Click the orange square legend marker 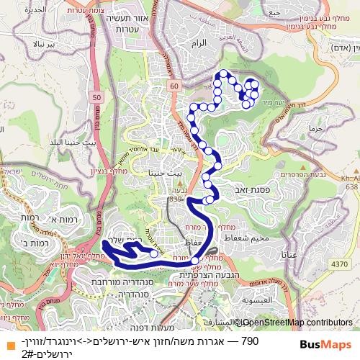pyautogui.click(x=7, y=341)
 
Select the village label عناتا pyautogui.click(x=294, y=254)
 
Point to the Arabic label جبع pyautogui.click(x=272, y=12)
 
